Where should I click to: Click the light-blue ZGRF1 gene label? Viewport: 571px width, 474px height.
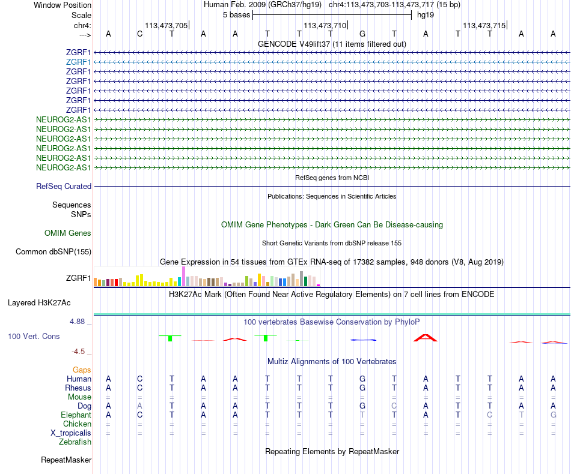coord(79,62)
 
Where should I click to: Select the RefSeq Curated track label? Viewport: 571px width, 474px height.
coord(64,187)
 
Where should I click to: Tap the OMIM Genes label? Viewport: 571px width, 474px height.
coord(67,233)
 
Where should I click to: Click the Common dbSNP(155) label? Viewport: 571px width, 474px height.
coord(53,252)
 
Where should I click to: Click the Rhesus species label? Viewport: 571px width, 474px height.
coord(78,388)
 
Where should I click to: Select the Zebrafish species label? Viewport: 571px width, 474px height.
coord(76,442)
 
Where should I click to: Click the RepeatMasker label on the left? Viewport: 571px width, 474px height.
coord(66,461)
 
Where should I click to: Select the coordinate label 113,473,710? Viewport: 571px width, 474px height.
coord(325,25)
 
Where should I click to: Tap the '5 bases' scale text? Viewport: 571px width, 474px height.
coord(236,14)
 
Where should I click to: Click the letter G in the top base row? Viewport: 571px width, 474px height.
coord(362,34)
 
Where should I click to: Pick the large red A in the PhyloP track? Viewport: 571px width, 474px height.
coord(426,338)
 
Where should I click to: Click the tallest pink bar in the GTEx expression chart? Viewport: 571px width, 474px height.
coord(183,277)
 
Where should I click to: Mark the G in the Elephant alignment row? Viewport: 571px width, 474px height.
coord(553,415)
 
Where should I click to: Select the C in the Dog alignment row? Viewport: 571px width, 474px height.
coord(394,406)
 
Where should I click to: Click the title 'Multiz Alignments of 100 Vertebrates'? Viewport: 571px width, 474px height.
coord(332,362)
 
